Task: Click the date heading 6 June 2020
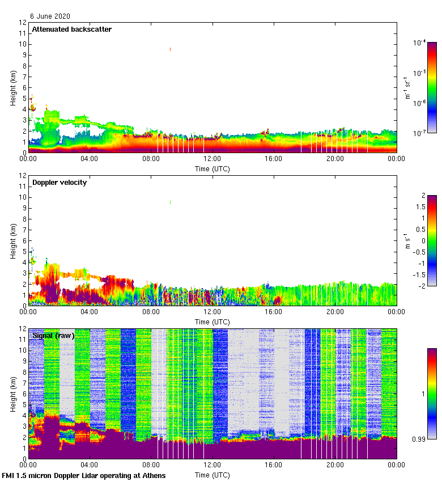point(50,16)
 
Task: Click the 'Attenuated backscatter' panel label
point(71,29)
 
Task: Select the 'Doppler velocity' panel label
point(59,183)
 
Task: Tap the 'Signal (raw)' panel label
point(53,336)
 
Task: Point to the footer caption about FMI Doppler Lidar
point(84,476)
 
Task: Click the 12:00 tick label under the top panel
point(212,159)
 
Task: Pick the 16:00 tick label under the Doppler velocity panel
point(273,312)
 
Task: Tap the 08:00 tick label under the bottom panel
point(151,466)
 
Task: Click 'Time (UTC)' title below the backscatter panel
point(212,168)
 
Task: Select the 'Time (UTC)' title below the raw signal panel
point(212,475)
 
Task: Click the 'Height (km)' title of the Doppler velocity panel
point(12,241)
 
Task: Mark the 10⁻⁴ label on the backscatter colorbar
point(419,43)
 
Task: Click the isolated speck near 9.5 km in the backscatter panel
point(170,49)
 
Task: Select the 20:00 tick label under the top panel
point(335,159)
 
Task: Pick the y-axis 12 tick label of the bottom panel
point(23,329)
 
